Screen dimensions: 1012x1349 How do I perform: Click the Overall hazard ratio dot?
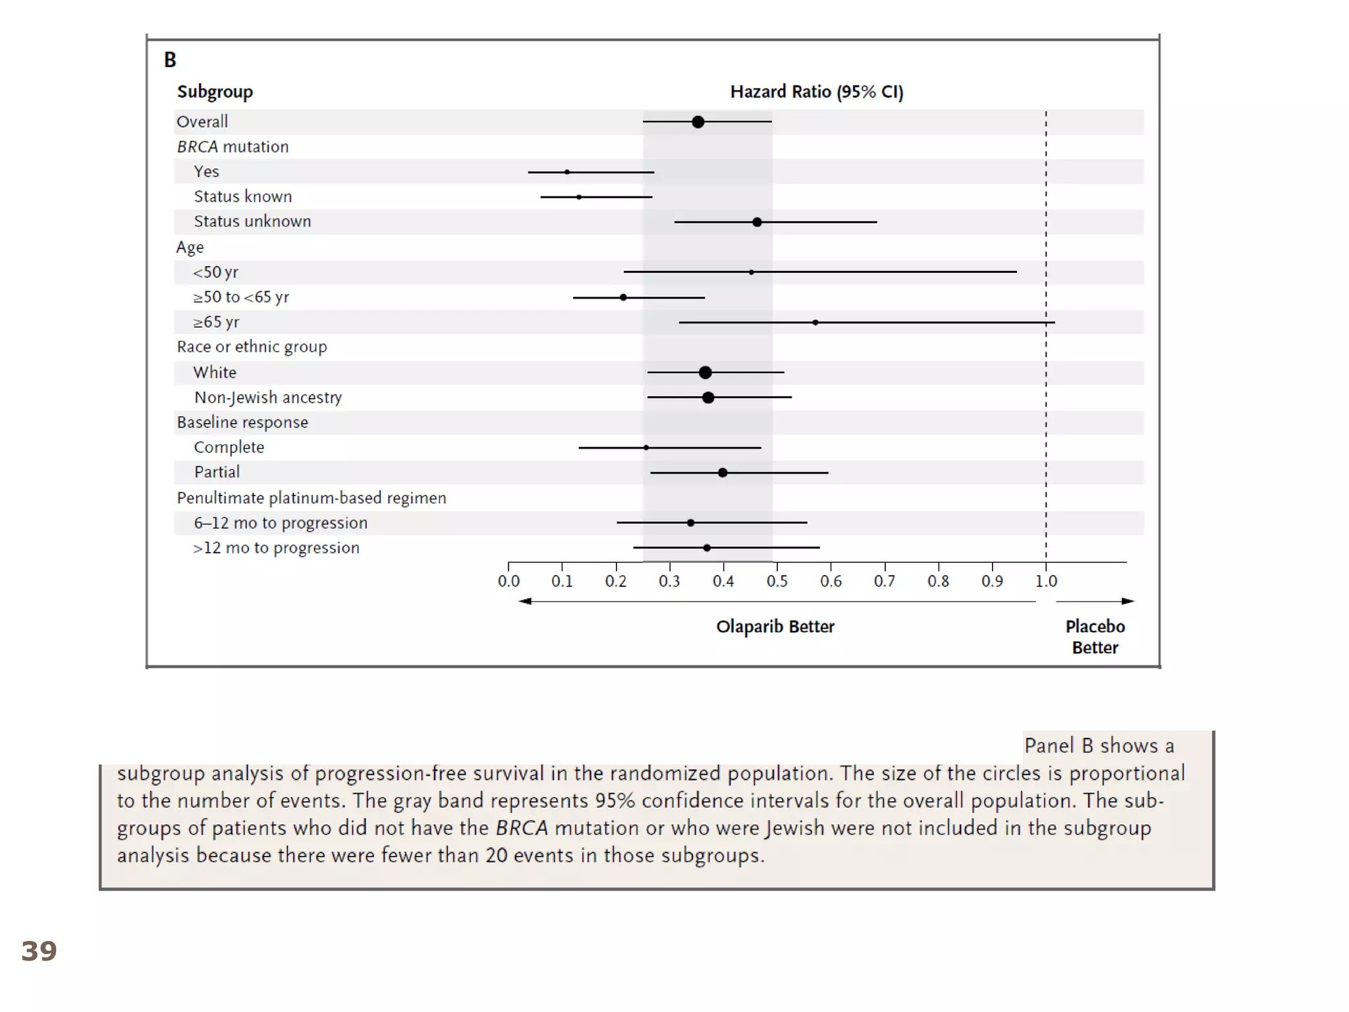click(x=698, y=122)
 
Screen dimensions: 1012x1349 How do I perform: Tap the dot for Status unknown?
click(x=757, y=222)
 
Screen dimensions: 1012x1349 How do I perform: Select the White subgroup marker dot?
click(x=705, y=373)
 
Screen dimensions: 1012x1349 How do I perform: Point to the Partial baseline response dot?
click(x=723, y=472)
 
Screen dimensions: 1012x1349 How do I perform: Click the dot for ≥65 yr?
click(x=815, y=322)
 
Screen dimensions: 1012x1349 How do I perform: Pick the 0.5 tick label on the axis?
click(x=777, y=581)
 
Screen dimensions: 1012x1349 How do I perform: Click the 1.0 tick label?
click(x=1046, y=581)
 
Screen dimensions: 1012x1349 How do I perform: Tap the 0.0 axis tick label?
click(x=508, y=581)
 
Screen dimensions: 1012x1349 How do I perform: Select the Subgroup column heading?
click(x=215, y=92)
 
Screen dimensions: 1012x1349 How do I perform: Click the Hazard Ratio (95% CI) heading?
click(x=817, y=92)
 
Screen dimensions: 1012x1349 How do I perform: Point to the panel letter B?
click(x=170, y=60)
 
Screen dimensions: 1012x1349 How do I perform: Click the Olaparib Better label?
click(x=775, y=627)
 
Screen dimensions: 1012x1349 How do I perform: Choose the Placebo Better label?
click(x=1095, y=636)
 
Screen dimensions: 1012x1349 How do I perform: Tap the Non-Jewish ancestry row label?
click(x=268, y=397)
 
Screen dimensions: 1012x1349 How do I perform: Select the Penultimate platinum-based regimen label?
click(x=311, y=497)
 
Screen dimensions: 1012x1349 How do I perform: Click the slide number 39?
click(x=39, y=951)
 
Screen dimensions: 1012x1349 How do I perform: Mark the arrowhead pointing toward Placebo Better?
click(x=1128, y=601)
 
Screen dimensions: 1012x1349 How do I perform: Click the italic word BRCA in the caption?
click(x=522, y=828)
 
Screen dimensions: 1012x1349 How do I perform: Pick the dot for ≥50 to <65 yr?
click(x=623, y=297)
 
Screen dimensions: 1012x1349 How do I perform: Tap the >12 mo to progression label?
click(x=276, y=548)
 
